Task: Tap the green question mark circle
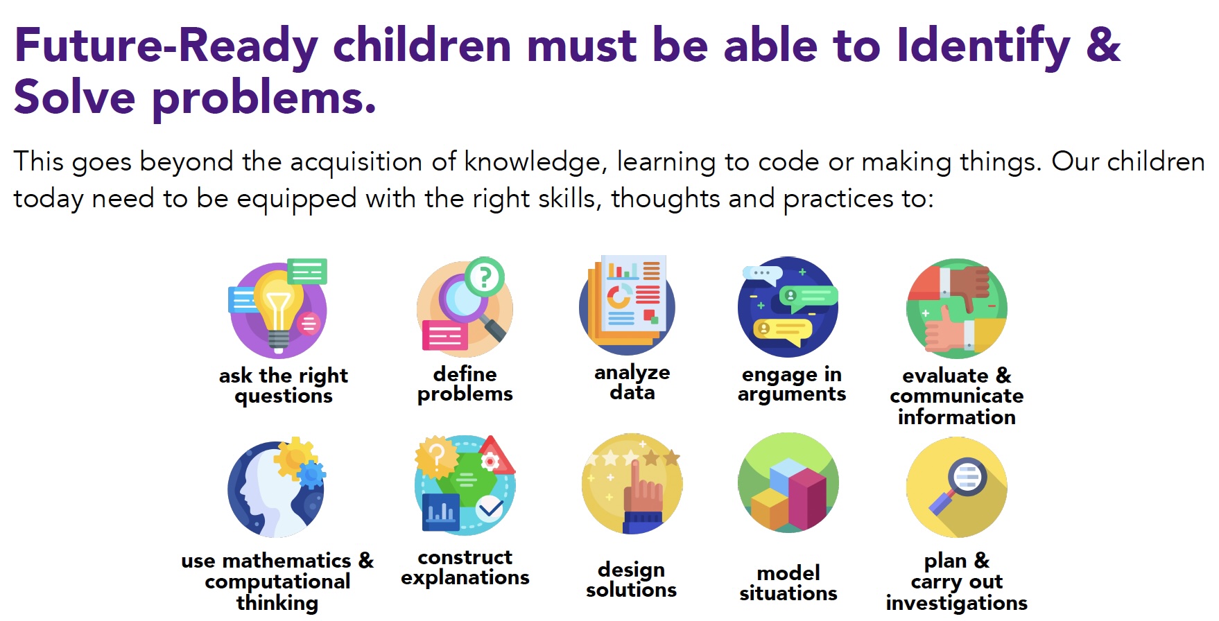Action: tap(485, 277)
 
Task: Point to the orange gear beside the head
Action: tap(295, 457)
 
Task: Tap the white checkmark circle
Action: tap(490, 510)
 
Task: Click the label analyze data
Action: tap(632, 383)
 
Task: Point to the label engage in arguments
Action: tap(792, 385)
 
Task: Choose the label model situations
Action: tap(788, 584)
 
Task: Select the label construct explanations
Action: tap(465, 568)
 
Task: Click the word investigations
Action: tap(956, 604)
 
